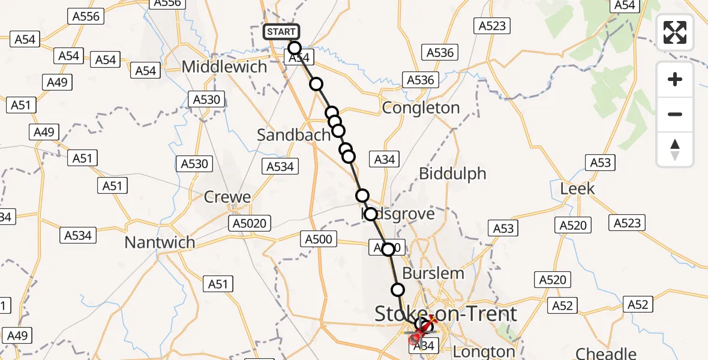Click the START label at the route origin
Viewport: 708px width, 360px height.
[281, 32]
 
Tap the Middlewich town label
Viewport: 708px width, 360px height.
[224, 67]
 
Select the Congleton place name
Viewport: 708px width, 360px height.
[421, 108]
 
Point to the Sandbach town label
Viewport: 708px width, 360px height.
[293, 135]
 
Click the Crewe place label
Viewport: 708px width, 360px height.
[227, 197]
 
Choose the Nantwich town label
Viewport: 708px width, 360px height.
[160, 242]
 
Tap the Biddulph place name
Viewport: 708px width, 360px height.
[452, 174]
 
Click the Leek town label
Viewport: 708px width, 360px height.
[577, 188]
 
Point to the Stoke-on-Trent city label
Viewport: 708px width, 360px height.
[446, 313]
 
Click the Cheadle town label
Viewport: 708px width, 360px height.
[606, 353]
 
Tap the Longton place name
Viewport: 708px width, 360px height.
[484, 351]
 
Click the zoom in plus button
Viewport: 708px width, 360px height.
[675, 79]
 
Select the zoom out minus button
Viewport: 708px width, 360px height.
[675, 114]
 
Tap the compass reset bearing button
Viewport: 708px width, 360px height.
[675, 149]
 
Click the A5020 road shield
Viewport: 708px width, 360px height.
[250, 224]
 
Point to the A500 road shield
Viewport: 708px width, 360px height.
[318, 239]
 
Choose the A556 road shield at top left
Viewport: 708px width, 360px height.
[86, 16]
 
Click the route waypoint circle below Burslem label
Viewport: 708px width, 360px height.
[398, 290]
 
